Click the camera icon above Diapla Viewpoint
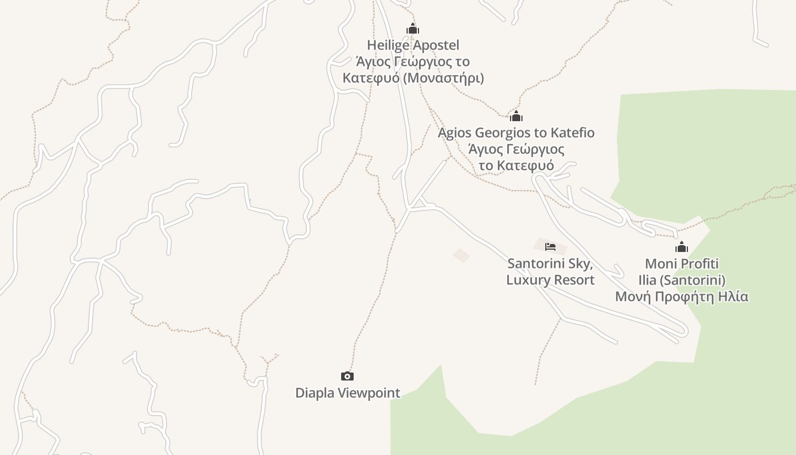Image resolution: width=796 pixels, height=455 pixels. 347,376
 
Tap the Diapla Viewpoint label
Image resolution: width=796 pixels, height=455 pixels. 347,393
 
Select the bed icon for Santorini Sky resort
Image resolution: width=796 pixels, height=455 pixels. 550,247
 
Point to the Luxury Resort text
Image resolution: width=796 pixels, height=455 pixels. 550,280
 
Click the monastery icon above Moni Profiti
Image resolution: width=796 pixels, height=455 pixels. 682,247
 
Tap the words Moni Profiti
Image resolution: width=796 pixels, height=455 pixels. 682,264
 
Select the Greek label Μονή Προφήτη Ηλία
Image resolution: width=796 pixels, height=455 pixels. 682,296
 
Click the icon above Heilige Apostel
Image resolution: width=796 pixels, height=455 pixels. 413,28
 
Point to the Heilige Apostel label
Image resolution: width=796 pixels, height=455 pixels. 413,45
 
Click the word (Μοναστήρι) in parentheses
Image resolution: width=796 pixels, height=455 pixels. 443,77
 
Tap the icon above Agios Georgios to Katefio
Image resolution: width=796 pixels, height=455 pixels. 516,117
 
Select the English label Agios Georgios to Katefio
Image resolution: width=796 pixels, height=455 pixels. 516,133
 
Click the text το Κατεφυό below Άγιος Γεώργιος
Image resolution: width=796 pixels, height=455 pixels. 516,166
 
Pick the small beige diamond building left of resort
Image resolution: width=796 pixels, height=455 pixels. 461,255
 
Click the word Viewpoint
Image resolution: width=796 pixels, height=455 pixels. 369,393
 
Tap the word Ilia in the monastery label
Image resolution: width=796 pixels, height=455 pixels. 648,280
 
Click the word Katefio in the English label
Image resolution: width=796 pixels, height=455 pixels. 572,133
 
